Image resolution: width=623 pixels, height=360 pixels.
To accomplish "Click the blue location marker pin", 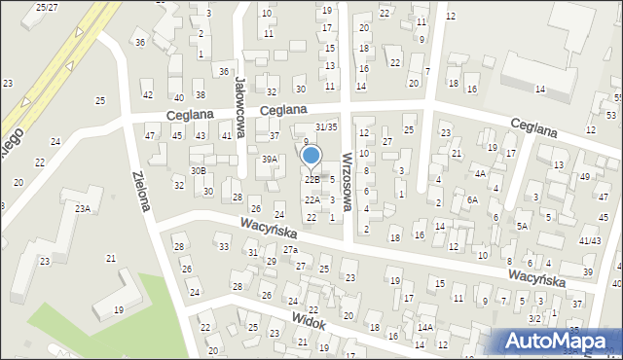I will point(311,156).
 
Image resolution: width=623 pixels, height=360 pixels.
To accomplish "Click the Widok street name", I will point(308,322).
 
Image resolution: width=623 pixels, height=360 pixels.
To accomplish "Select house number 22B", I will point(311,180).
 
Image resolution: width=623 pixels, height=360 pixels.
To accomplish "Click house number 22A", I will point(311,199).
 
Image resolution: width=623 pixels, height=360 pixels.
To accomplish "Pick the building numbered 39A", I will point(270,159).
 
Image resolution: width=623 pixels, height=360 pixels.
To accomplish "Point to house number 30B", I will point(199,170).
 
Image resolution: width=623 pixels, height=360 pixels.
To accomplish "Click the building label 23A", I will point(83,208).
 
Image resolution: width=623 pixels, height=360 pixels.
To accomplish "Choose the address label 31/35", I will point(326,126).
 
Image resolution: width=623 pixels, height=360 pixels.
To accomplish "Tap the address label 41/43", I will point(589,239).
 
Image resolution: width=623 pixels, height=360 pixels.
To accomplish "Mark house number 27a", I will point(290,250).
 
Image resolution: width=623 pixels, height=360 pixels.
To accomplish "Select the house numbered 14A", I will point(425,328).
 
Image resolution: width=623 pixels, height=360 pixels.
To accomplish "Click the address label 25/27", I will point(47,7).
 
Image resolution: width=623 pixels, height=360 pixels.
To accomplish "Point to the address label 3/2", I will point(534,319).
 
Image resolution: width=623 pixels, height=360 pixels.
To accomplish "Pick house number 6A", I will point(472,199).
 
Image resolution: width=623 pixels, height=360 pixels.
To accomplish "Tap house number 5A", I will point(523,226).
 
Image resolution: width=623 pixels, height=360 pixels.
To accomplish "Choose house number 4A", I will point(480,173).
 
